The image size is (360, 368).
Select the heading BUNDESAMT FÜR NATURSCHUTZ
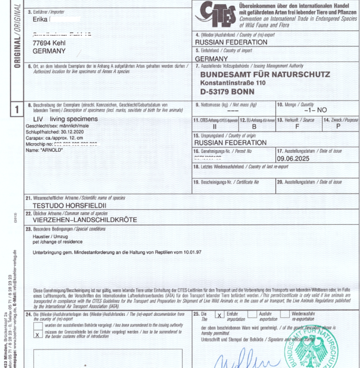click(x=265, y=75)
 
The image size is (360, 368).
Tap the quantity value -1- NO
click(x=315, y=109)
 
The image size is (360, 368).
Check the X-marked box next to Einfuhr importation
click(x=219, y=315)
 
